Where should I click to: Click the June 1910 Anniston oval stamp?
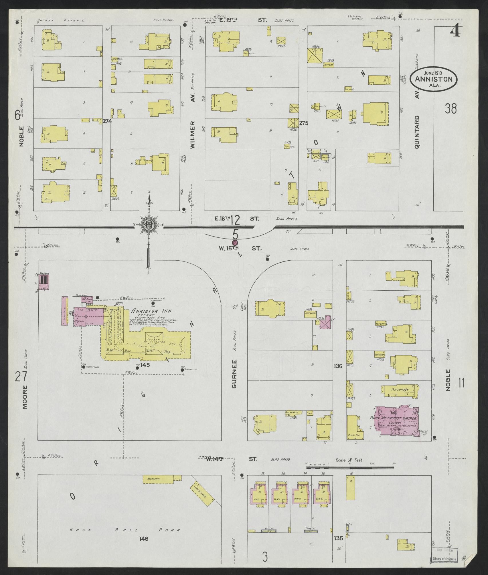click(434, 78)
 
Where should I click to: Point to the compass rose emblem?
click(149, 225)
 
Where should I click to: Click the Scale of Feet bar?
click(349, 468)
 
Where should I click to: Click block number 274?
click(107, 121)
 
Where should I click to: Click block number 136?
click(338, 366)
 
